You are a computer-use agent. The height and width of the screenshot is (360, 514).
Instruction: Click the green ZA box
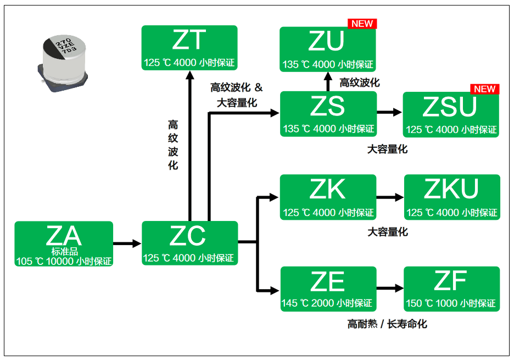(x=64, y=243)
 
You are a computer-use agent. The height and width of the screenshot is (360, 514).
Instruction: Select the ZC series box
(x=190, y=243)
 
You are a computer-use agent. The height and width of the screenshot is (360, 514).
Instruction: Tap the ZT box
(x=189, y=48)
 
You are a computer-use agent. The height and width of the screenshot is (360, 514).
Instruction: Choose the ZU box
(x=328, y=49)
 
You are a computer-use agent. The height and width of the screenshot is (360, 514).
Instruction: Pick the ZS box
(x=328, y=114)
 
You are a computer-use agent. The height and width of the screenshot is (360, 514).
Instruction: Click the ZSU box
(x=451, y=115)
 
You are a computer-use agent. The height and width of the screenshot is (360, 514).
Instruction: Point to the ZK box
(x=328, y=197)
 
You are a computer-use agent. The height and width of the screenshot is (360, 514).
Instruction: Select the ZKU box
(x=452, y=197)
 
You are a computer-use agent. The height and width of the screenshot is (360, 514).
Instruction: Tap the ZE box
(x=328, y=289)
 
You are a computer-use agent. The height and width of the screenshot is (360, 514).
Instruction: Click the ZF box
(x=451, y=289)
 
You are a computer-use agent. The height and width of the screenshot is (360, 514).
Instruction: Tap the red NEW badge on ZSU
(x=484, y=89)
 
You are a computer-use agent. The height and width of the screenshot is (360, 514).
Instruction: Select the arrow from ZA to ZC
(x=127, y=243)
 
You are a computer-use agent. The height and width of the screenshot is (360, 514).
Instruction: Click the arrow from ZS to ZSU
(x=390, y=112)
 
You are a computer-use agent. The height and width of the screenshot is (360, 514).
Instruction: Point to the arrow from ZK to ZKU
(x=390, y=196)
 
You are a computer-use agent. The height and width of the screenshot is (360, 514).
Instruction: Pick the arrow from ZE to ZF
(x=390, y=288)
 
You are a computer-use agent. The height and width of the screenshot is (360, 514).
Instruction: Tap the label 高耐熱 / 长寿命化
(x=387, y=324)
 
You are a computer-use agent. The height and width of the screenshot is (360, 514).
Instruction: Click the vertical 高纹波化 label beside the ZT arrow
(x=173, y=145)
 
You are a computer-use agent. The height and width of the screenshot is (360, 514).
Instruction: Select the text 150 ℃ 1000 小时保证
(x=451, y=303)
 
